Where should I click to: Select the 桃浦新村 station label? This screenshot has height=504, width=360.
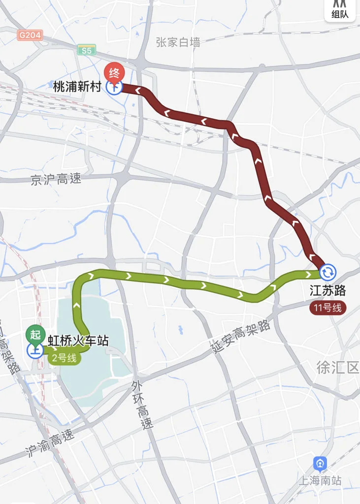[77, 87]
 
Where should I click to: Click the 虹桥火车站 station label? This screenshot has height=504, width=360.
[78, 341]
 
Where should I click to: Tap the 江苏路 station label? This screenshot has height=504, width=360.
[328, 291]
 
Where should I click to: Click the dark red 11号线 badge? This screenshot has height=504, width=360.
[328, 308]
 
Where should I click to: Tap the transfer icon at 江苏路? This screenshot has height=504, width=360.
[328, 272]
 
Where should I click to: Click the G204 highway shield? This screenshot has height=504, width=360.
[30, 35]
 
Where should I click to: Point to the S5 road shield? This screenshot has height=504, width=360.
[86, 49]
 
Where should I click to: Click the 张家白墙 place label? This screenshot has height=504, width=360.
[178, 42]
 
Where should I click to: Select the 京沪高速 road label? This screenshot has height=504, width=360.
[56, 180]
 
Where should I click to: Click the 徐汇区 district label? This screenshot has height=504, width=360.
[338, 368]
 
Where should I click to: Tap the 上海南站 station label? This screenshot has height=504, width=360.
[320, 480]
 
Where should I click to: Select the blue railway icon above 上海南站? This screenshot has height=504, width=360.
[320, 464]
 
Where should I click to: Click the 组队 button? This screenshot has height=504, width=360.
[340, 10]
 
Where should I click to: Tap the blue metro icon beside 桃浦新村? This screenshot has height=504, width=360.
[114, 88]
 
